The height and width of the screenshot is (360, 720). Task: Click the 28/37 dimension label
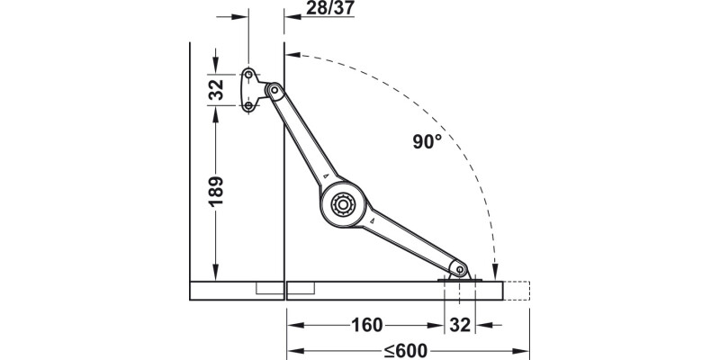(330, 8)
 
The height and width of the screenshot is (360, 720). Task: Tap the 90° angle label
(427, 141)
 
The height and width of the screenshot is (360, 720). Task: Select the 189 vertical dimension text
(215, 191)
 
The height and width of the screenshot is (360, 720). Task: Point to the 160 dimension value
(367, 325)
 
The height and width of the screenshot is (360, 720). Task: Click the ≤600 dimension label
(406, 351)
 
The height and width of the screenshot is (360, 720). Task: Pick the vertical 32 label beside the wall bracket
(215, 89)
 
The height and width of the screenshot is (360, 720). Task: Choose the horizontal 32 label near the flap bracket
(460, 325)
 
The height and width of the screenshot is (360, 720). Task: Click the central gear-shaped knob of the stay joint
(343, 204)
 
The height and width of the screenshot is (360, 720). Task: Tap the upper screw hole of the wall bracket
(248, 74)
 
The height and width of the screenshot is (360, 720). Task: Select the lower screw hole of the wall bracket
(248, 105)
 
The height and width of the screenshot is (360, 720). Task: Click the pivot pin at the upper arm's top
(274, 90)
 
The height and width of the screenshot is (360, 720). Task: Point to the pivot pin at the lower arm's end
(460, 269)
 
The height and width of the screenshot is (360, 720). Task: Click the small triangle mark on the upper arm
(326, 175)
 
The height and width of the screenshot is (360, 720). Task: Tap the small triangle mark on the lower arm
(372, 221)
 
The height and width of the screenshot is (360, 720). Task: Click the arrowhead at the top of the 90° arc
(292, 55)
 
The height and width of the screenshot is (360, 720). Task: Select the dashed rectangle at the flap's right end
(516, 291)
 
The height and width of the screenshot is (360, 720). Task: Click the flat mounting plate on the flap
(460, 280)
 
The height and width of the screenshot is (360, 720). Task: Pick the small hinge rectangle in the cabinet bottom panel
(269, 288)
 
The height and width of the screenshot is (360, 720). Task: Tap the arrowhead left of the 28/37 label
(292, 17)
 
